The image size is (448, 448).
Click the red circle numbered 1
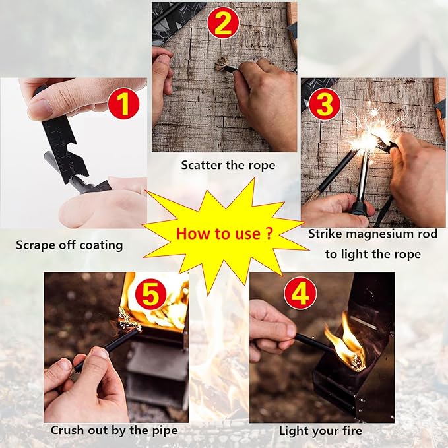coord(123,103)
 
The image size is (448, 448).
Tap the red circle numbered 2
coord(223,23)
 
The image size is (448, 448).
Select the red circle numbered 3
coord(325,104)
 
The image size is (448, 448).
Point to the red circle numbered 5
coord(150,294)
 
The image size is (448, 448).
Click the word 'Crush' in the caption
coord(67,430)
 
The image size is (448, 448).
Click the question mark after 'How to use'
coord(268,233)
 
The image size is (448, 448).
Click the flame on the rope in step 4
coord(345,343)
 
